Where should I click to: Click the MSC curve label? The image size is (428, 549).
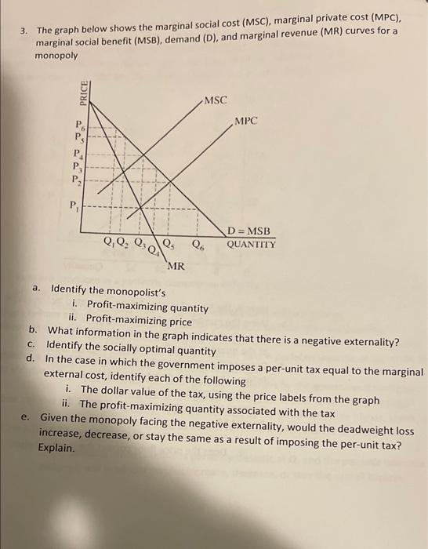(215, 100)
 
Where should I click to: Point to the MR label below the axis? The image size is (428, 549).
(176, 266)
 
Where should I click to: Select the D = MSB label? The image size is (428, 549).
(249, 231)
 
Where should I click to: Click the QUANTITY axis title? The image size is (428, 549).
(251, 244)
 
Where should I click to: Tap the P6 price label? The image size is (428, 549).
(78, 124)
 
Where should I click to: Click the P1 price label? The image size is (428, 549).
(76, 206)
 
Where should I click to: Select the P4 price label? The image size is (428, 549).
(77, 153)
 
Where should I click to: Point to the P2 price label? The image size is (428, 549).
(77, 180)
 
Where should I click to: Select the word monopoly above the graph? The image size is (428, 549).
(57, 56)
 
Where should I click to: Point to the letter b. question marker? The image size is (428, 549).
(34, 330)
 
